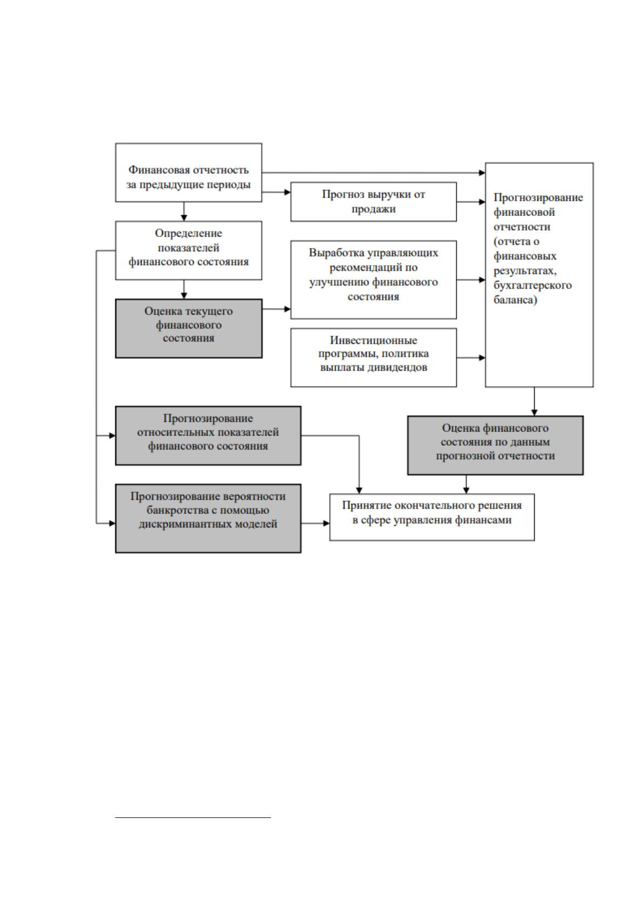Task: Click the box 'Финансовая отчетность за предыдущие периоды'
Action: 188,173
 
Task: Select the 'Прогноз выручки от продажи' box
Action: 373,202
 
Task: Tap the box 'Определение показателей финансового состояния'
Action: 188,250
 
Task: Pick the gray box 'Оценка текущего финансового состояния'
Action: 189,328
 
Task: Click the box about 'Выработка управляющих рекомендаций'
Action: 373,280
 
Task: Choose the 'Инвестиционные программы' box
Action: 373,358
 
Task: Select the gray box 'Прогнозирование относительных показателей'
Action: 208,435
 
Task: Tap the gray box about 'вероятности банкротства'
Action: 208,519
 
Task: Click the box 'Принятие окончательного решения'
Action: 432,517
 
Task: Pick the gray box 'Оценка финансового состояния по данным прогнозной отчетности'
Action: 495,445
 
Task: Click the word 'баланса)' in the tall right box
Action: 515,301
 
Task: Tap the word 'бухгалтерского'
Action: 533,286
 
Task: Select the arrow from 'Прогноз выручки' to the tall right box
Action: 471,202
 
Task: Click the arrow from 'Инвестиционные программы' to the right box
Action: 471,358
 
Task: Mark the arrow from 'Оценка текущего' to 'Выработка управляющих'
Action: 276,309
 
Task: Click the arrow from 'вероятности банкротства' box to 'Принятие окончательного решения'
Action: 315,524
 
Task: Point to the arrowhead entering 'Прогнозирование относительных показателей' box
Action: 112,435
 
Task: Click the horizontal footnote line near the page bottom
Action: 193,817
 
